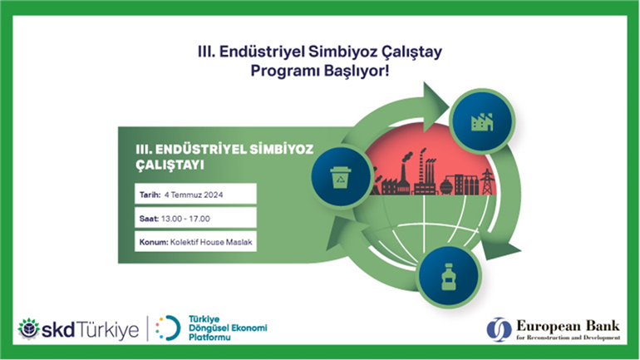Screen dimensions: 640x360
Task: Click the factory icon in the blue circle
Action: click(482, 122)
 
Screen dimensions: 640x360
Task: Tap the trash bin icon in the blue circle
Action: click(341, 178)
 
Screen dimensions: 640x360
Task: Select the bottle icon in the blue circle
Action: click(449, 277)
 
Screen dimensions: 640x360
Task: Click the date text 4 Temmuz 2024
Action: click(194, 195)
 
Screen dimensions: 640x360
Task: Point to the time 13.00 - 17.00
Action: click(185, 219)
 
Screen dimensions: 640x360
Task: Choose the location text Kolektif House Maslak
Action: click(211, 242)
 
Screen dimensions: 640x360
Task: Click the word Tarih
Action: click(150, 195)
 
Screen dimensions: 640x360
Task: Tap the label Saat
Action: click(149, 219)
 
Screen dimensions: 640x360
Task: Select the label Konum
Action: click(154, 242)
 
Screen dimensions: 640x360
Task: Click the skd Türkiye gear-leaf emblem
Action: click(28, 328)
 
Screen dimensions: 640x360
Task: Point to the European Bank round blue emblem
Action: click(499, 329)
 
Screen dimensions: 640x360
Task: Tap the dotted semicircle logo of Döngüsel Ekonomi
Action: click(168, 328)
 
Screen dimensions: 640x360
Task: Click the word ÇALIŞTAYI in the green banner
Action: click(170, 165)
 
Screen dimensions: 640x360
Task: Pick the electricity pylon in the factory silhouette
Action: click(487, 181)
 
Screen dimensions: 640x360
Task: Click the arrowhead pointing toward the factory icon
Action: click(435, 106)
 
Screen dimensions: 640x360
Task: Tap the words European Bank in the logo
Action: click(568, 326)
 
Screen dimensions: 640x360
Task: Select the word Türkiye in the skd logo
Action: click(108, 329)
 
